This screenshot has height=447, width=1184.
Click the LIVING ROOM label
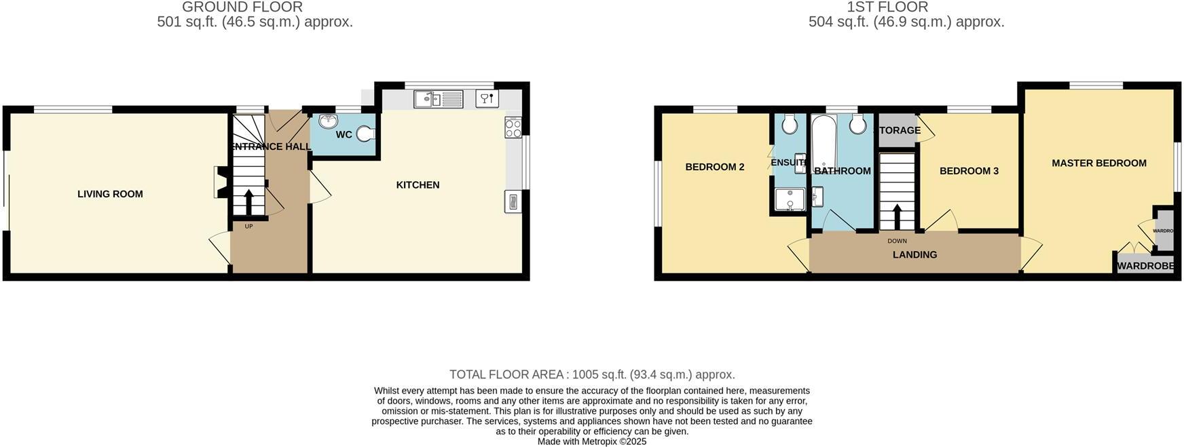[x=110, y=194]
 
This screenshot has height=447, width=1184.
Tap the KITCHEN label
[x=418, y=184]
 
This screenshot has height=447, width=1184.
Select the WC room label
[x=344, y=135]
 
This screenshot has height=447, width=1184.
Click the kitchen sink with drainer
[x=439, y=99]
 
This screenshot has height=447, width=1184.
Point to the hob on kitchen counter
[x=513, y=128]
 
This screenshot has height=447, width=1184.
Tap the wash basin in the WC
[x=329, y=121]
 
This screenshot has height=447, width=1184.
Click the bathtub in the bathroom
[x=824, y=142]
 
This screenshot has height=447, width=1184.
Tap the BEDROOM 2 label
[x=714, y=167]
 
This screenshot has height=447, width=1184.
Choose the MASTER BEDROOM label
[x=1098, y=163]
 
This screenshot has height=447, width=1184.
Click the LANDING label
[x=914, y=255]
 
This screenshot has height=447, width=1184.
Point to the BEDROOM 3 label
[x=969, y=171]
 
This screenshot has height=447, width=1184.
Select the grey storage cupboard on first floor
[x=898, y=131]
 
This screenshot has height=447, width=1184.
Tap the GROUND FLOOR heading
[x=242, y=7]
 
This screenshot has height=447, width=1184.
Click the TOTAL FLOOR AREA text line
[x=591, y=374]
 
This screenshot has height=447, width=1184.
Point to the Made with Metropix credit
[x=591, y=442]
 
